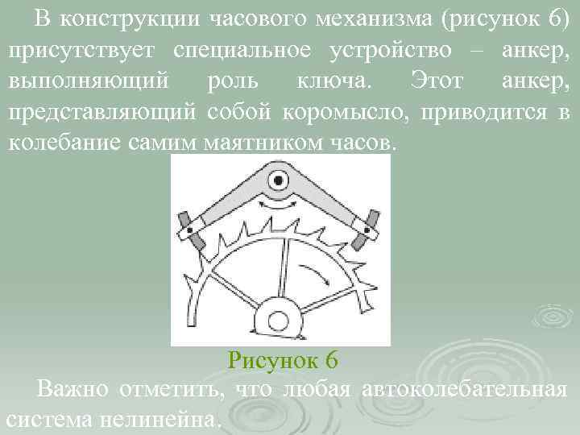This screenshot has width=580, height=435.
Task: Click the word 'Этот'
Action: click(x=439, y=81)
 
